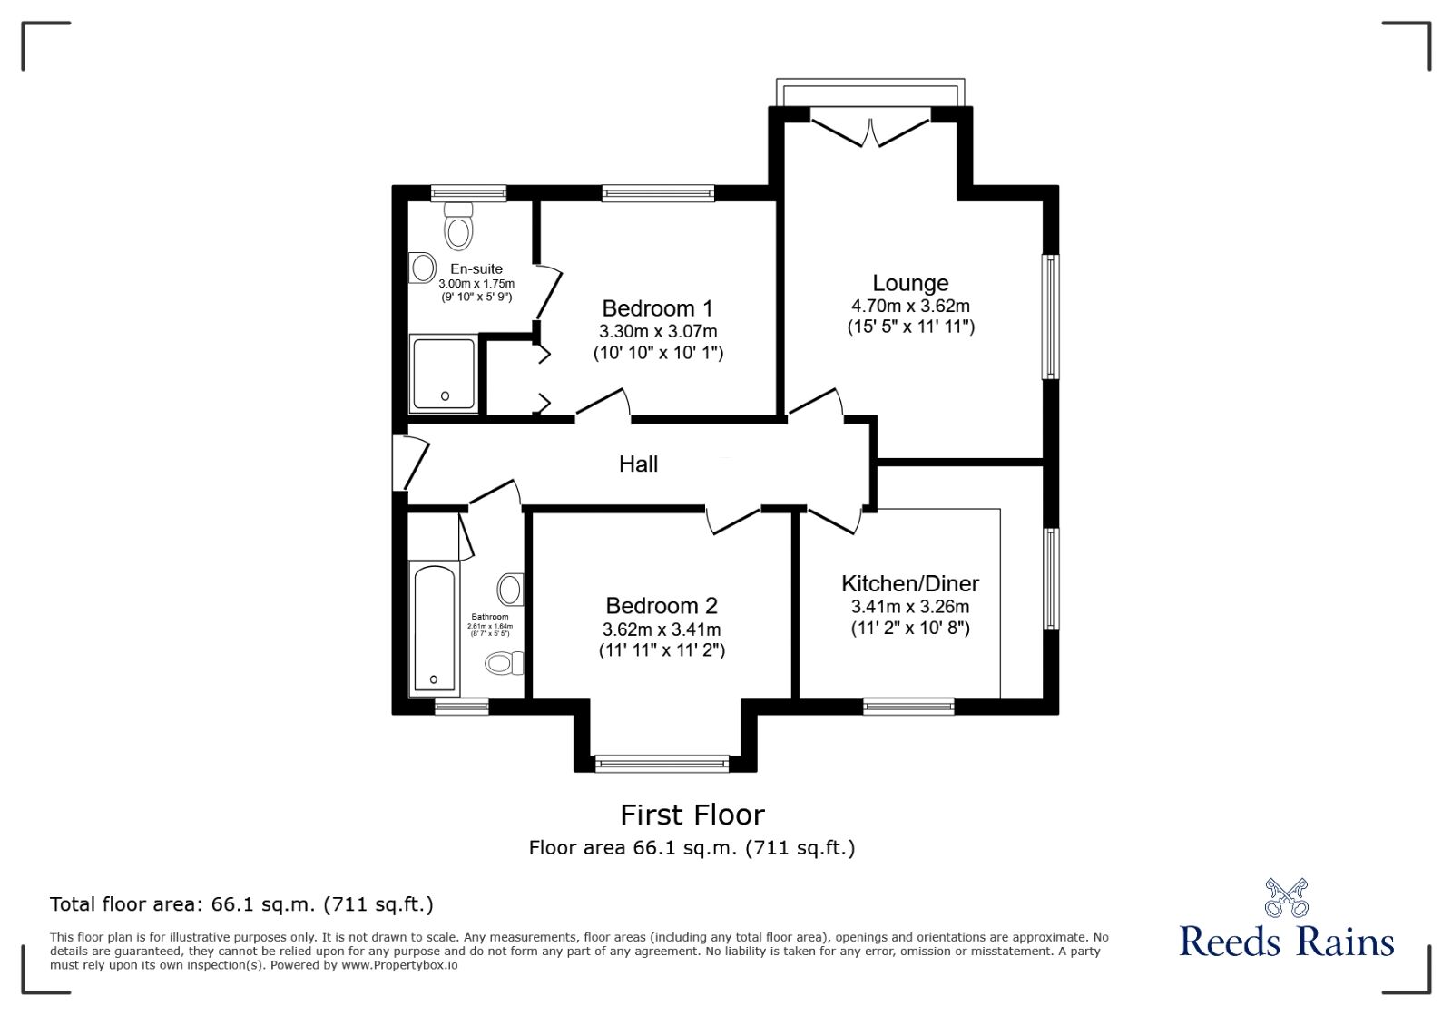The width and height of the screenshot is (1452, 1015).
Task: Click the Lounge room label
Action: pos(910,283)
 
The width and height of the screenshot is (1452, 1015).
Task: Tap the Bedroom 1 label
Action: pos(657,307)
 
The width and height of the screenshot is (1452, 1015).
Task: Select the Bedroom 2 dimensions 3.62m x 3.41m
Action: pos(662,629)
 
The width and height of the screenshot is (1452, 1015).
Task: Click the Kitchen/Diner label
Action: pos(910,583)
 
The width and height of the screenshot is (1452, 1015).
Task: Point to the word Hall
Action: pos(638,464)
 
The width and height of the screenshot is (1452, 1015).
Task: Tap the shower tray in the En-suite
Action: pos(443,374)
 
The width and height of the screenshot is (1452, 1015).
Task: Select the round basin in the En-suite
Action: pos(423,268)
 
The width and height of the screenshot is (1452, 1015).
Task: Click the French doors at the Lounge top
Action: pos(870,127)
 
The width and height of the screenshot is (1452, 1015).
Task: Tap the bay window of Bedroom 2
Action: pos(662,764)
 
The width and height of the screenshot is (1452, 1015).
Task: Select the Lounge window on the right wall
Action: pos(1050,316)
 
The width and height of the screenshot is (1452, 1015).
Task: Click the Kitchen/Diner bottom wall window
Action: pos(908,706)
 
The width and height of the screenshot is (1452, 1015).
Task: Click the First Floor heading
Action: pos(692,815)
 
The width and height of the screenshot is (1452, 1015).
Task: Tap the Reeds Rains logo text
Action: pos(1286,942)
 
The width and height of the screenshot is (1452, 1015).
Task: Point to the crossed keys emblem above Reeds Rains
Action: pos(1286,897)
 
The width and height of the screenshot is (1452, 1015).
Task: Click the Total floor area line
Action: pos(241,904)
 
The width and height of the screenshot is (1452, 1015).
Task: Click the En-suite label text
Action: pos(476,268)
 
